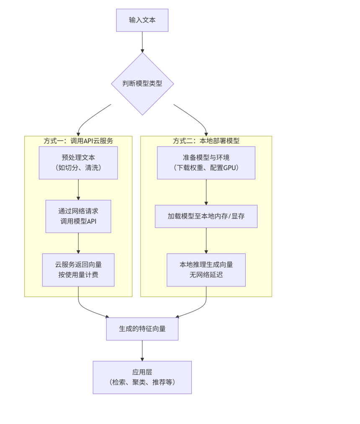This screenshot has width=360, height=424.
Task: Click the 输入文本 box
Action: (x=142, y=20)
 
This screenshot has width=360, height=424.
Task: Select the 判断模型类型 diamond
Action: (x=142, y=83)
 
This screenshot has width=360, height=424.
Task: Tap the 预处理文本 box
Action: (x=78, y=163)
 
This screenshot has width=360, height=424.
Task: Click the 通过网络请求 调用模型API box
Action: (x=78, y=216)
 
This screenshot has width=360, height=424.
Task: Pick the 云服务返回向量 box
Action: (x=78, y=270)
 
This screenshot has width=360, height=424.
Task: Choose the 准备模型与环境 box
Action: (x=206, y=163)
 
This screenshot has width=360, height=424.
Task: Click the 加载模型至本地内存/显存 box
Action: (x=206, y=216)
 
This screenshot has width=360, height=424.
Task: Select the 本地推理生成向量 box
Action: (x=206, y=270)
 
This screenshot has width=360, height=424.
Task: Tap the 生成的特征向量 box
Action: (x=142, y=329)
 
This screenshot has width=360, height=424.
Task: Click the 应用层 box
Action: (x=142, y=377)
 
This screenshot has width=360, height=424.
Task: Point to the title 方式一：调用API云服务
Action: (x=78, y=141)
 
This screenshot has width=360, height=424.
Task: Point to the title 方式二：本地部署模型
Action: (x=206, y=141)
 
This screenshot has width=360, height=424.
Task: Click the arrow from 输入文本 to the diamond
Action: (x=142, y=42)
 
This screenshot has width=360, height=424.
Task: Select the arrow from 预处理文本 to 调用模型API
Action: (x=78, y=189)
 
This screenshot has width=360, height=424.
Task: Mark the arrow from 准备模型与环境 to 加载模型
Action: (x=206, y=192)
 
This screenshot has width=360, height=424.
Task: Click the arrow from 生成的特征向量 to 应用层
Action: (x=142, y=351)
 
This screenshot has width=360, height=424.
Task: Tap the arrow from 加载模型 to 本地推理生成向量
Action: (x=206, y=240)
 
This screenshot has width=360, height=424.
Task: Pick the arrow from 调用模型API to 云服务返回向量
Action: (x=78, y=243)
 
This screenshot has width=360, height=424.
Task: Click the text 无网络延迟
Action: (x=206, y=275)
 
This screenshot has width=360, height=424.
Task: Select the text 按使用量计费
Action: (x=78, y=275)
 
